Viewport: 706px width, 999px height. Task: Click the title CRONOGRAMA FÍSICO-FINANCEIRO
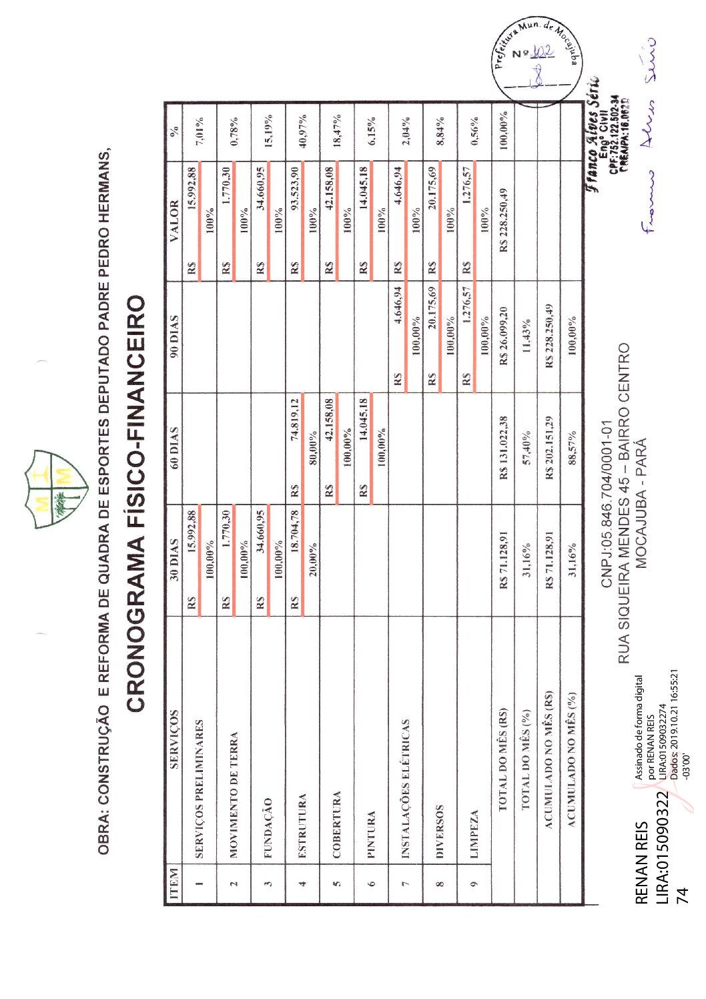coord(135,503)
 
